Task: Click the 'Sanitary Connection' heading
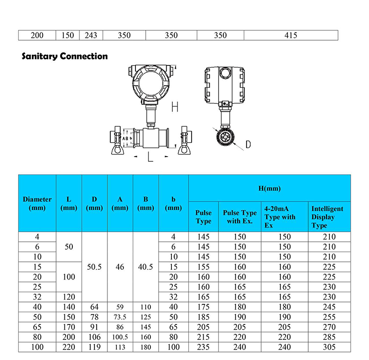click(65, 57)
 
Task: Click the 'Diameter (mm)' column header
click(37, 203)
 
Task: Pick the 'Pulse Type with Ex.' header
click(240, 217)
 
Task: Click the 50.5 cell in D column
click(94, 266)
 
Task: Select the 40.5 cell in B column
click(146, 266)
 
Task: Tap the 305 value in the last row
click(329, 347)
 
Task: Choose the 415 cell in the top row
click(291, 36)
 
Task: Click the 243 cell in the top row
click(91, 36)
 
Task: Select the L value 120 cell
click(69, 297)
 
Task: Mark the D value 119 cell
click(94, 347)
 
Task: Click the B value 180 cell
click(146, 347)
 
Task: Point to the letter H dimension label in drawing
click(174, 107)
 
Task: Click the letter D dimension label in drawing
click(248, 144)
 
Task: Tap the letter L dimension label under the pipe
click(150, 157)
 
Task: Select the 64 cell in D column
click(94, 307)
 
